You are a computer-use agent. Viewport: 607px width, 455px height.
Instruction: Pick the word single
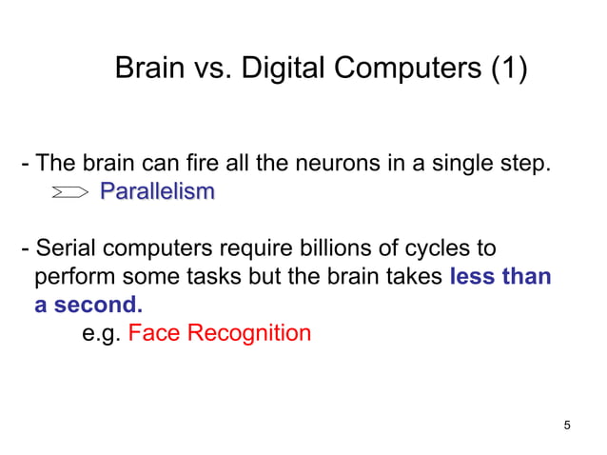[x=454, y=164]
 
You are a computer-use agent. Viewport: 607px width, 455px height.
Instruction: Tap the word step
[x=521, y=164]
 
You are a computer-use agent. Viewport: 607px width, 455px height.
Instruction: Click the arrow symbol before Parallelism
[x=70, y=192]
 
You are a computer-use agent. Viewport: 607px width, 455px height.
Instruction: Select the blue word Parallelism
[x=157, y=191]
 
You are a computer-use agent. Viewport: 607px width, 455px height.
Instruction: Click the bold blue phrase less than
[x=499, y=277]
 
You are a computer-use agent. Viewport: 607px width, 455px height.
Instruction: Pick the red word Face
[x=150, y=333]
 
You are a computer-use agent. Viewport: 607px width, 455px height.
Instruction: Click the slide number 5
[x=567, y=425]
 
